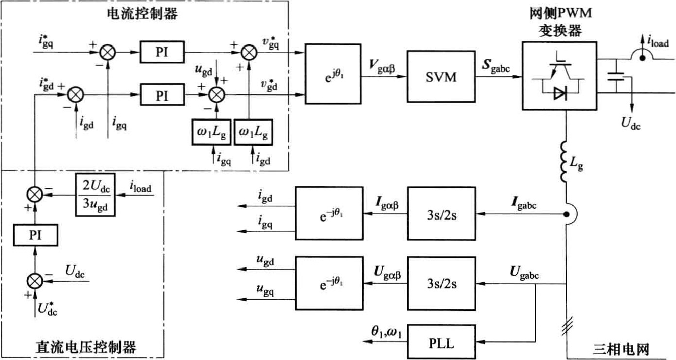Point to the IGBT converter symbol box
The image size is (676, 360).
pos(559,75)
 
